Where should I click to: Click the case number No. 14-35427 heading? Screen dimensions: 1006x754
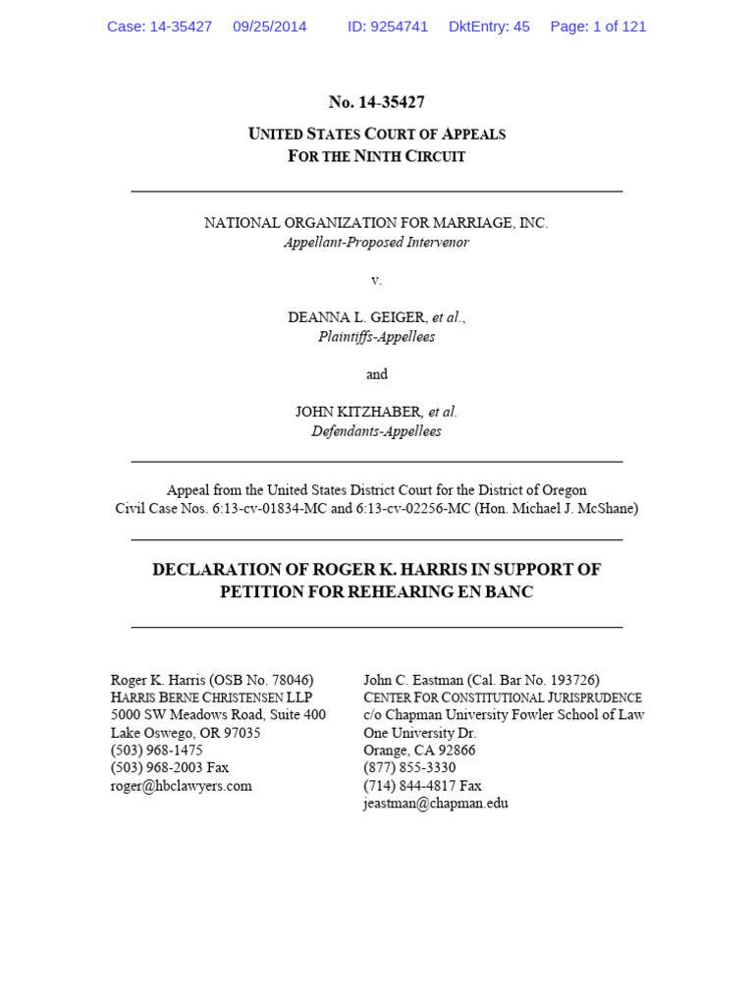[376, 102]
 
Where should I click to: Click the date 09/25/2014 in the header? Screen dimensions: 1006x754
[269, 27]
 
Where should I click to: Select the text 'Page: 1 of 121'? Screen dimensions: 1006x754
[598, 27]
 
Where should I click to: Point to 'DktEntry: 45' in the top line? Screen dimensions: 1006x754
[489, 27]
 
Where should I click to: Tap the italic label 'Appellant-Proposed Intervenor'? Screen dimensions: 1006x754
[376, 242]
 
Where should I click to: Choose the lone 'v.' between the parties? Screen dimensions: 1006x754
[376, 280]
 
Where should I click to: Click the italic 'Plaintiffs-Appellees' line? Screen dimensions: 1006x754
[376, 336]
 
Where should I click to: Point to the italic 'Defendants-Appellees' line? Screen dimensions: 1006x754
[376, 430]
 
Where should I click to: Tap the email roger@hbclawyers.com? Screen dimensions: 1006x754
[182, 785]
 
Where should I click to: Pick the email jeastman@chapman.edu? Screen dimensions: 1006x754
[436, 803]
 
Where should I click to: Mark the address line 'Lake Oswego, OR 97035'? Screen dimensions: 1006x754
[186, 732]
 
